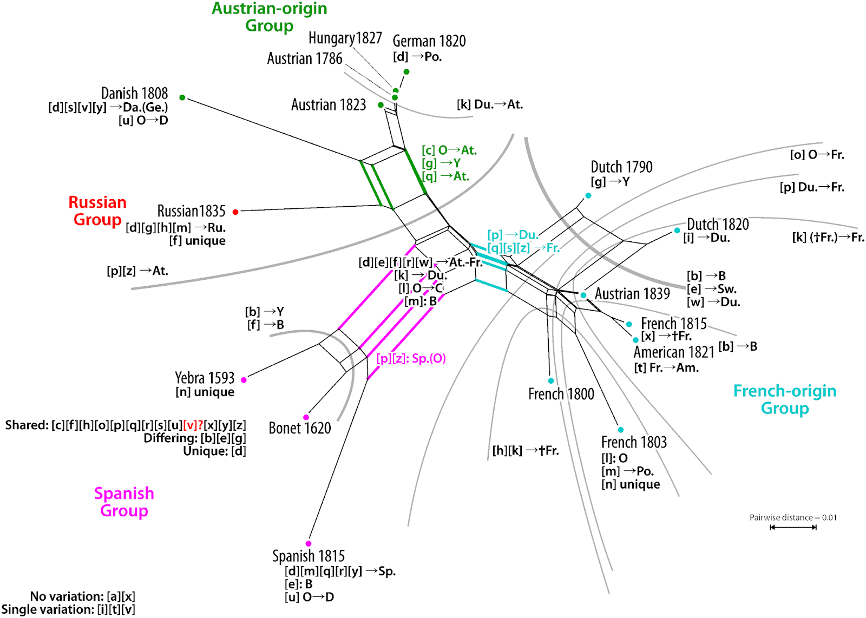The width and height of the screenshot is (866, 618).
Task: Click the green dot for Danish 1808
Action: pyautogui.click(x=182, y=97)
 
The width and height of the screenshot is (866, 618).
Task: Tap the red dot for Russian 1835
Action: pyautogui.click(x=235, y=212)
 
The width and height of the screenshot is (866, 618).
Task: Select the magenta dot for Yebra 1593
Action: pyautogui.click(x=244, y=380)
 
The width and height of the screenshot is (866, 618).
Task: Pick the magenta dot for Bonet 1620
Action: pyautogui.click(x=306, y=417)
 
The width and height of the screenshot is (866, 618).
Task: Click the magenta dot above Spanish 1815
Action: pyautogui.click(x=309, y=544)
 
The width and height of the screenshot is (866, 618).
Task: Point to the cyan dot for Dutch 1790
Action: pyautogui.click(x=588, y=195)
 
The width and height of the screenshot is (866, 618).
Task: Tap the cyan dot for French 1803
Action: pyautogui.click(x=621, y=430)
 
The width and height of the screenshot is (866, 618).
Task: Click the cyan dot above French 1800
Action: pyautogui.click(x=551, y=381)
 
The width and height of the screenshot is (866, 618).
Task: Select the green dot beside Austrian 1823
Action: pyautogui.click(x=381, y=105)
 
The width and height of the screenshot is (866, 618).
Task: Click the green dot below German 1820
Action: pyautogui.click(x=406, y=71)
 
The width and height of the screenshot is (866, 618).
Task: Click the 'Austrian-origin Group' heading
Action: pyautogui.click(x=270, y=17)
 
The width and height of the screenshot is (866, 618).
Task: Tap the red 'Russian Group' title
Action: pyautogui.click(x=97, y=211)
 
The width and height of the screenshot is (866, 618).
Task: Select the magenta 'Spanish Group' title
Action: pyautogui.click(x=124, y=502)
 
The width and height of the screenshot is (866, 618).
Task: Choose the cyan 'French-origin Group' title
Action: pyautogui.click(x=785, y=399)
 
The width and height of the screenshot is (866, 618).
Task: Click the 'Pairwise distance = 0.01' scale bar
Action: pyautogui.click(x=793, y=527)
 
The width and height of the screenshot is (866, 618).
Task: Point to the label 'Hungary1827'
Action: pyautogui.click(x=345, y=38)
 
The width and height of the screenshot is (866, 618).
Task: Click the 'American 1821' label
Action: pyautogui.click(x=674, y=352)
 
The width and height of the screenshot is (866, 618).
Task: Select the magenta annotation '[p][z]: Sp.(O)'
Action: pyautogui.click(x=411, y=359)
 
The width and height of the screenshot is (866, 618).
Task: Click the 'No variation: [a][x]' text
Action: pyautogui.click(x=83, y=596)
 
